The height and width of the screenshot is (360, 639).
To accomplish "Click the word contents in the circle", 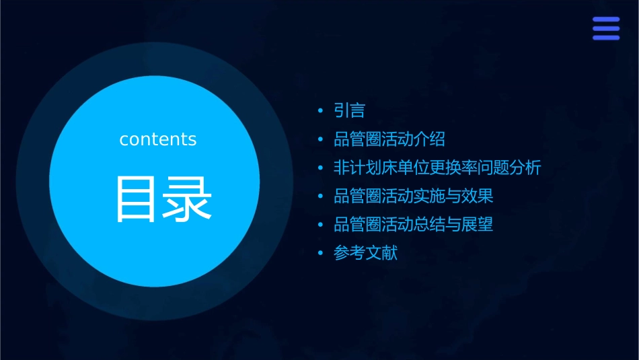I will point(158,139).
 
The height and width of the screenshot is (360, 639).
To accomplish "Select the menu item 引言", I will point(349,110).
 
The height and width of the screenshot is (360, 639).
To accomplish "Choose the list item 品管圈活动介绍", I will point(389,139).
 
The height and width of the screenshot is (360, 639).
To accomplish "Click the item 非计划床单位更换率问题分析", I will point(437,168).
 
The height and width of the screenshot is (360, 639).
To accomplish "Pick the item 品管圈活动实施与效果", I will point(414,196).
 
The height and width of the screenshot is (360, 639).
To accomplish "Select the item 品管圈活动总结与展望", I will point(414,225).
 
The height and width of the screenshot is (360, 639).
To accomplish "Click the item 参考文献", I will point(365,254).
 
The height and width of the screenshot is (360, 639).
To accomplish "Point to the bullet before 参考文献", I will point(320,254).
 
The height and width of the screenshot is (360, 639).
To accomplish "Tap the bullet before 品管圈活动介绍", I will point(320,140).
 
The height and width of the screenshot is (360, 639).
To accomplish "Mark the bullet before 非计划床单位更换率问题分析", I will point(320,168).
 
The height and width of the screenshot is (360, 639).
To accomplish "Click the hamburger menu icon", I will point(606,28).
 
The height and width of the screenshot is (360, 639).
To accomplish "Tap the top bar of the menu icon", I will point(606,20).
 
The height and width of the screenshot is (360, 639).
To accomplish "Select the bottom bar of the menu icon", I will point(606,38).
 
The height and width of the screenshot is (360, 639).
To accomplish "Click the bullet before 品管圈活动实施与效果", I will point(320,197).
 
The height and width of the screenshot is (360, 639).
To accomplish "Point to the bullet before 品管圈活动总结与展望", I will point(320,225).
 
